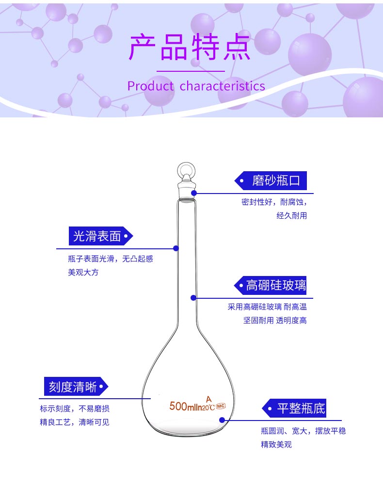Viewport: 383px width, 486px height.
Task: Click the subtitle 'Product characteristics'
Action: pyautogui.click(x=196, y=86)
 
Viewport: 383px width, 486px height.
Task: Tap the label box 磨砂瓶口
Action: pyautogui.click(x=275, y=181)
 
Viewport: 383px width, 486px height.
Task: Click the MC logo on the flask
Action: pyautogui.click(x=221, y=405)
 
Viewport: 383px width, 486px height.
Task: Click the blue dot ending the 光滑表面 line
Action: pyautogui.click(x=176, y=248)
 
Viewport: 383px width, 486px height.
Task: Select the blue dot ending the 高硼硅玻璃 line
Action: pyautogui.click(x=193, y=298)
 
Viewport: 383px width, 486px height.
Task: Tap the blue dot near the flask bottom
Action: pyautogui.click(x=222, y=420)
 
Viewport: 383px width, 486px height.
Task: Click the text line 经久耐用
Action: pyautogui.click(x=291, y=216)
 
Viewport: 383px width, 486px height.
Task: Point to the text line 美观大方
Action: pyautogui.click(x=83, y=273)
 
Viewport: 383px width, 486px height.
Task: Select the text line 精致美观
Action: pyautogui.click(x=276, y=444)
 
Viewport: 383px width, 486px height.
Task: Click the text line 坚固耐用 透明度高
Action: pyautogui.click(x=275, y=320)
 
